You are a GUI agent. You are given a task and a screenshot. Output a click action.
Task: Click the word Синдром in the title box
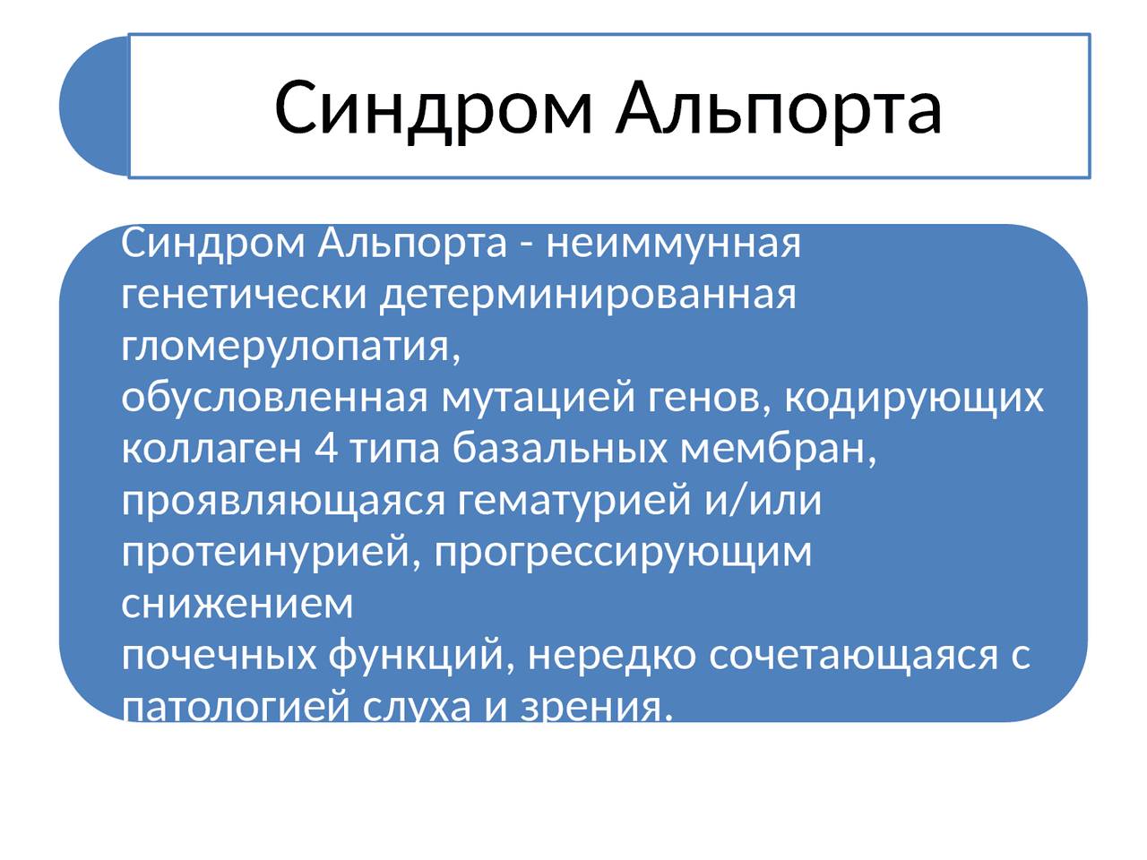click(x=433, y=110)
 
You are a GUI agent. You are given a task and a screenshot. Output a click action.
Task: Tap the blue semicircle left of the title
click(x=94, y=106)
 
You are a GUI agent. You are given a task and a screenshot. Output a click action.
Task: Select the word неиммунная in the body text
click(x=673, y=245)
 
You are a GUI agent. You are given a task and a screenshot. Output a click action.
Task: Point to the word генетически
click(x=244, y=295)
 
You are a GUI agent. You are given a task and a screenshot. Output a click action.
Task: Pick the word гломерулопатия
click(x=290, y=348)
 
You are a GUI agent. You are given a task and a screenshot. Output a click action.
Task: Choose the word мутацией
click(x=539, y=399)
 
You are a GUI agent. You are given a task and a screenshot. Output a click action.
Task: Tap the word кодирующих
click(x=914, y=399)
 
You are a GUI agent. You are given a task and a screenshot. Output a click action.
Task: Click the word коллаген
click(x=211, y=450)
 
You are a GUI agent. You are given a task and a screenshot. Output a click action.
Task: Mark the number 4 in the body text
click(x=325, y=449)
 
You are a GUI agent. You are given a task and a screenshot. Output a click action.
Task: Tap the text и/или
click(x=763, y=500)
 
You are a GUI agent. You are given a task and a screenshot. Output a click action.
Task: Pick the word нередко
click(x=612, y=655)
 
